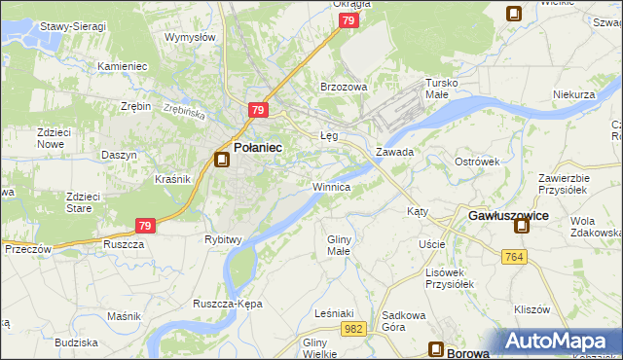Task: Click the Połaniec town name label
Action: coord(259,147)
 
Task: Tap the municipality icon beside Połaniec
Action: coord(222,160)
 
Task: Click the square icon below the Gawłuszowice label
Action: coord(523,228)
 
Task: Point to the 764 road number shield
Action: coord(516,256)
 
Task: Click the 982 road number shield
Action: coord(353,331)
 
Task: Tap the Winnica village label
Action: coord(331,186)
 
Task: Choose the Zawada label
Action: coord(395,153)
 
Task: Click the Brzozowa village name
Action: coord(344,87)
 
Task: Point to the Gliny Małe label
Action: coord(338,245)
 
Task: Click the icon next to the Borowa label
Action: coord(438,351)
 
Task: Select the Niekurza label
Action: coord(573,94)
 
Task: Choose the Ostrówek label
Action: coord(477,161)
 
